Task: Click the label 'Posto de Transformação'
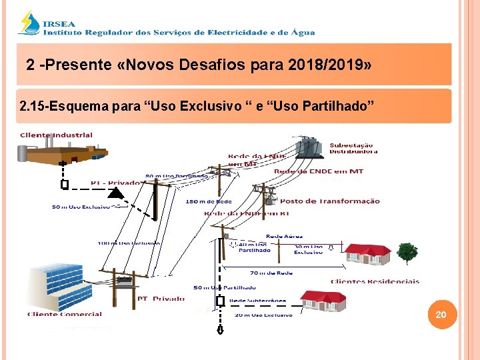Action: [x=330, y=201]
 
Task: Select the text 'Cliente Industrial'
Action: [x=56, y=135]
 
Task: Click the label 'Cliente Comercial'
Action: [x=65, y=314]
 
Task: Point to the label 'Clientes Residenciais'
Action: [x=375, y=281]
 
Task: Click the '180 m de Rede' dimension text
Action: [x=209, y=201]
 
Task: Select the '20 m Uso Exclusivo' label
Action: [x=263, y=315]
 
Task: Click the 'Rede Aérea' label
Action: [x=284, y=236]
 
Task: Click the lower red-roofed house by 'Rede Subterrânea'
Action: [x=323, y=301]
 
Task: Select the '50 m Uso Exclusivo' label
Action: [x=81, y=207]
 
